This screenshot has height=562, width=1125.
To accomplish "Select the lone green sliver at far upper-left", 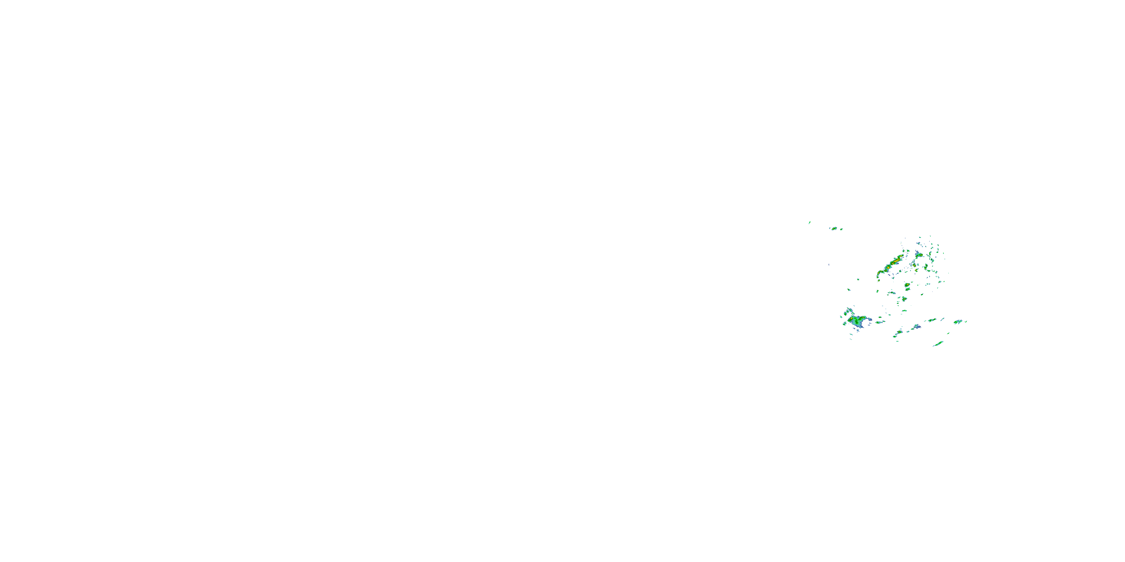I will coord(809,223).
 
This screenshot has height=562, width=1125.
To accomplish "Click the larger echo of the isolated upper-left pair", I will coord(834,228).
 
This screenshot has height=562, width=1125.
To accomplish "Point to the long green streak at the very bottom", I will coord(938,344).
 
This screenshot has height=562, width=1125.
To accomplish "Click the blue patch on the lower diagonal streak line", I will coord(916,326).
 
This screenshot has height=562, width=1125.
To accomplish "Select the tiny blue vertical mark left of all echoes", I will coord(829,265).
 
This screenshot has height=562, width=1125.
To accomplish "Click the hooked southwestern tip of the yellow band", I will coord(878,275).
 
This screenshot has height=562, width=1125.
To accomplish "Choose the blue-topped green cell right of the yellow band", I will coord(918,254).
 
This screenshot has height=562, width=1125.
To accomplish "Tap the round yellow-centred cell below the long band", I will coord(907,285).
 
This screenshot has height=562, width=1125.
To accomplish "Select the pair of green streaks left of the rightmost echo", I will coord(931,320).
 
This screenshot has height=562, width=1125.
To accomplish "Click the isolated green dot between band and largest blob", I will coord(849,289).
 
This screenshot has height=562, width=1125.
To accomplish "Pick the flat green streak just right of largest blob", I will coord(879,322).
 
